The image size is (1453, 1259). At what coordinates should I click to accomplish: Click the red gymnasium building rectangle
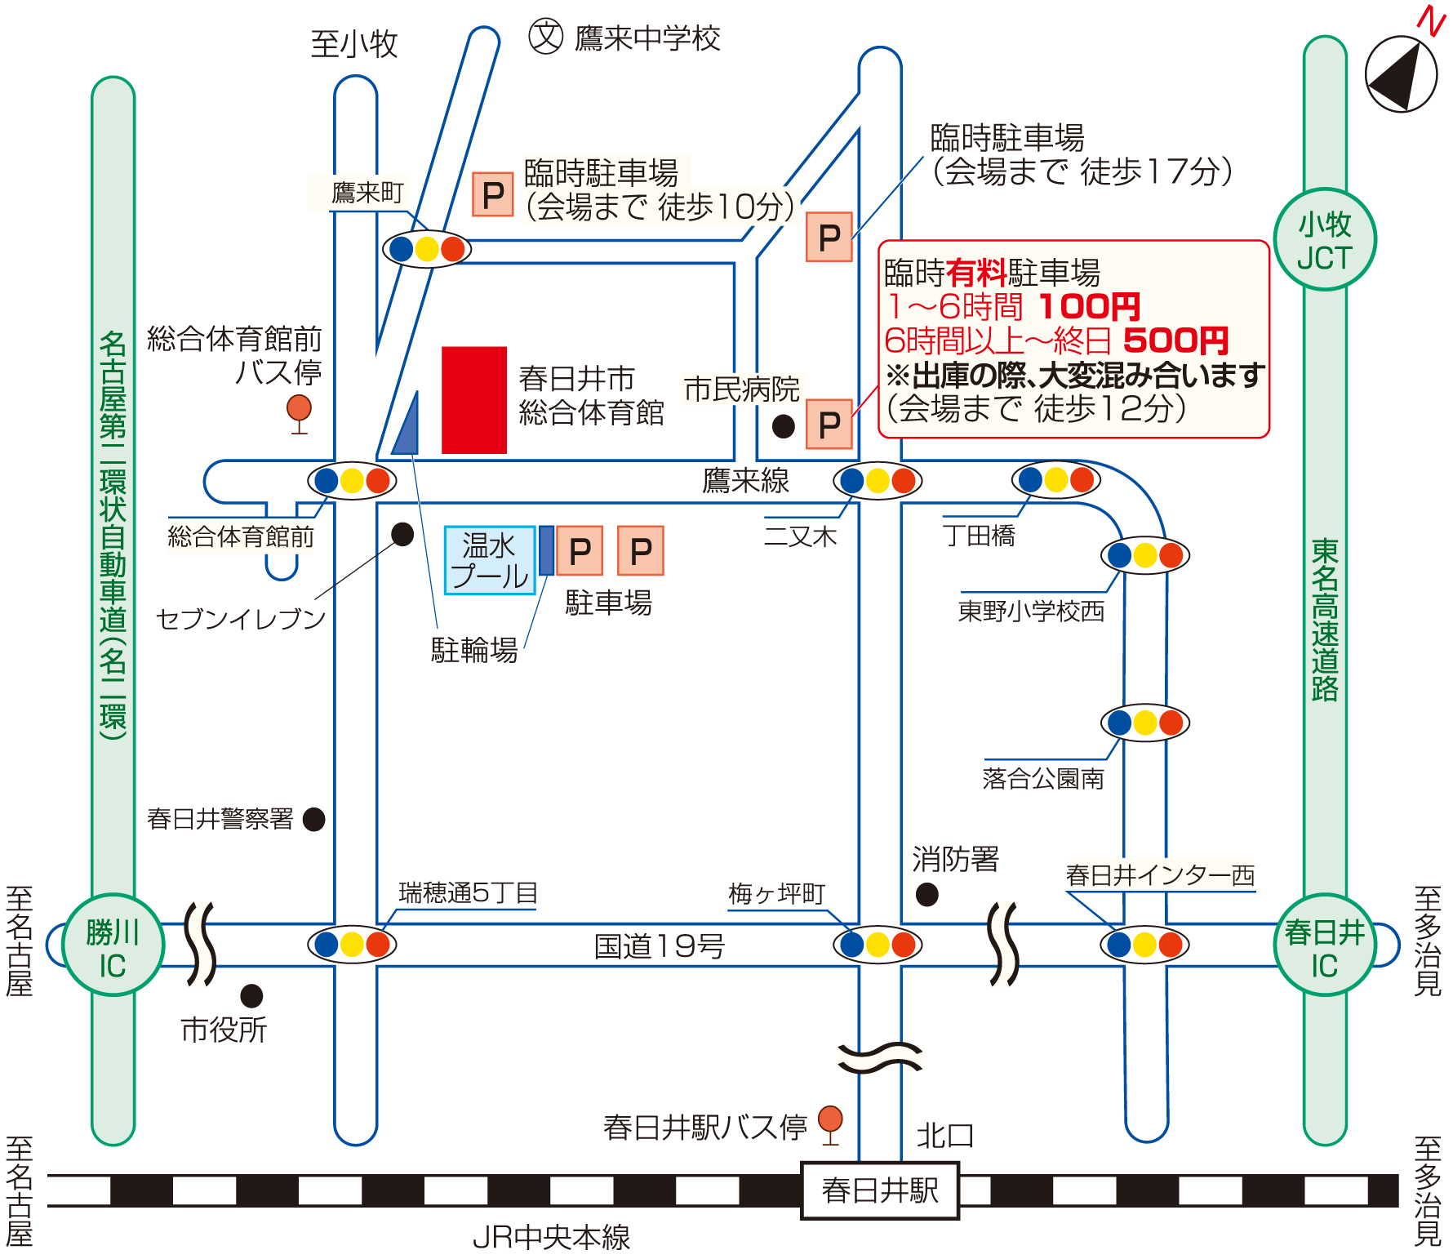[474, 400]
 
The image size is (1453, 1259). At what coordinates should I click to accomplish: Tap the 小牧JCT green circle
[1325, 239]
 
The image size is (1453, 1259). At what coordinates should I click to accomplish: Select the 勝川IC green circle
[113, 945]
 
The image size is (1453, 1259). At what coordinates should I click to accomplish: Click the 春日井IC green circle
[1325, 945]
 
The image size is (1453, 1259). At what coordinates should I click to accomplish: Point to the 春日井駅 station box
[880, 1190]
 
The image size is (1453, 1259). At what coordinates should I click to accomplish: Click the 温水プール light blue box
[490, 560]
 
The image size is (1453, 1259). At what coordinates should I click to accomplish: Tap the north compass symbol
[1401, 73]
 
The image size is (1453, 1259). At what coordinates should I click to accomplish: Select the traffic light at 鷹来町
[427, 249]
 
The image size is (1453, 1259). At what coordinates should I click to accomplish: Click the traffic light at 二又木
[878, 481]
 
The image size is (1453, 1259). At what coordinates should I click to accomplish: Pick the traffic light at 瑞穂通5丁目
[352, 945]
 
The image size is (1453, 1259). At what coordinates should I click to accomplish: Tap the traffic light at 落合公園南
[1145, 723]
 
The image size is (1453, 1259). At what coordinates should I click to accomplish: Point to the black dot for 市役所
[251, 996]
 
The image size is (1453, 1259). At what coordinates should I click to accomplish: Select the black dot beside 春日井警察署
[314, 819]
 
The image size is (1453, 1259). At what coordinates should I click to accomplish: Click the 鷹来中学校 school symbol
[546, 37]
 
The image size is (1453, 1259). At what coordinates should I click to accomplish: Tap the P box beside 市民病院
[829, 425]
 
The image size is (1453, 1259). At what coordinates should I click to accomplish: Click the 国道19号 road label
[660, 946]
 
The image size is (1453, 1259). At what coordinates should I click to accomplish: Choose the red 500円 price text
[1176, 340]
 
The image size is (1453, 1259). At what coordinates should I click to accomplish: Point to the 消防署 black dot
[926, 895]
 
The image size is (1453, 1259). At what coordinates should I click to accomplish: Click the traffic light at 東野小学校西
[1145, 555]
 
